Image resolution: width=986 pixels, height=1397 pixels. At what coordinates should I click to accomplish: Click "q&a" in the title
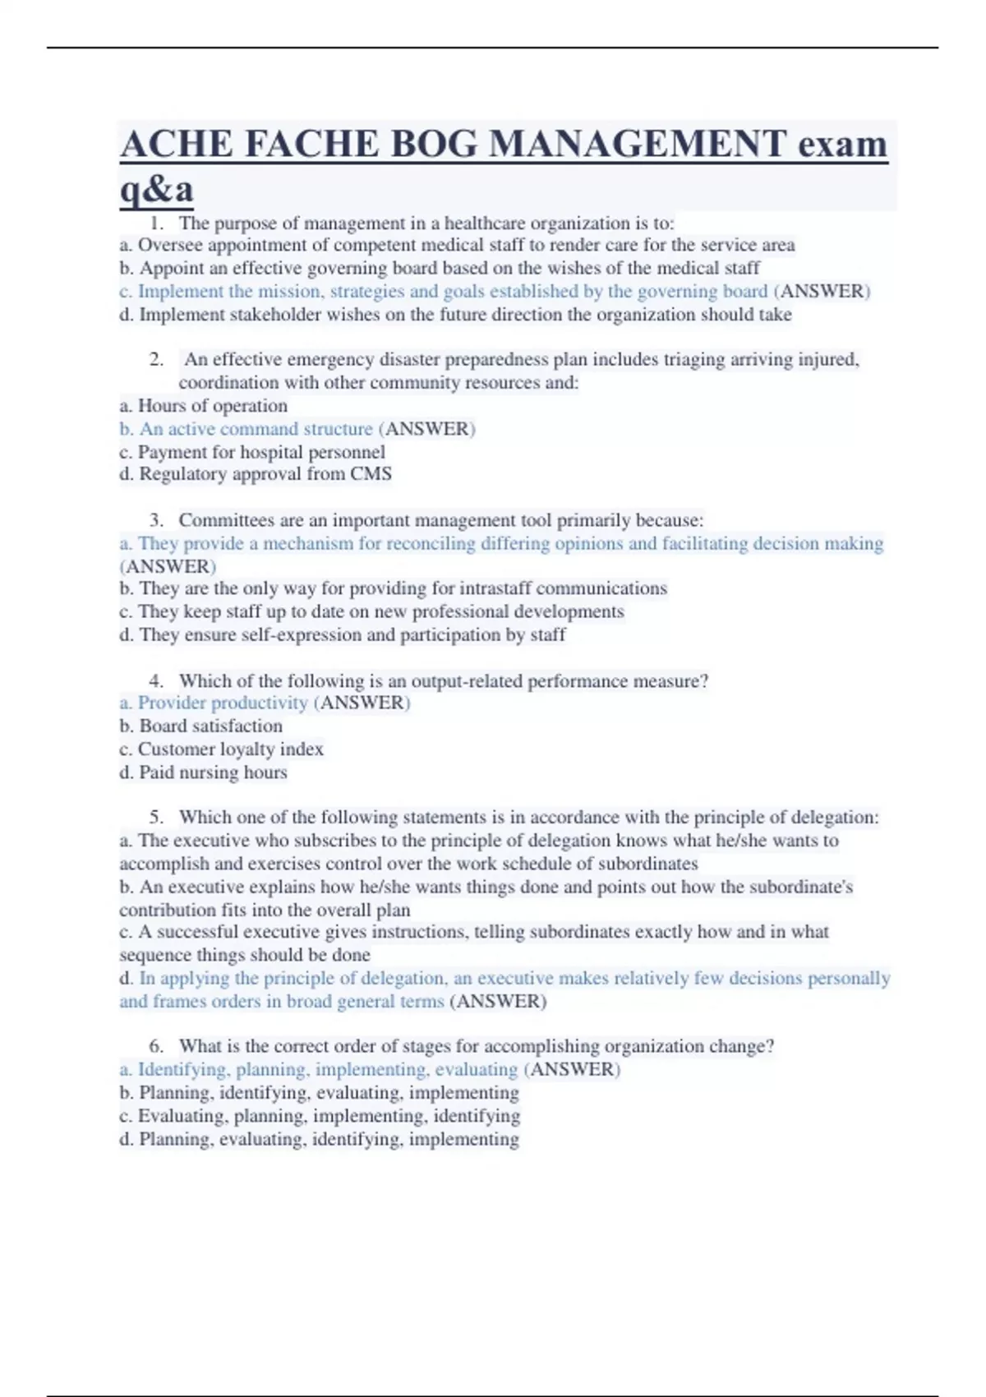(157, 189)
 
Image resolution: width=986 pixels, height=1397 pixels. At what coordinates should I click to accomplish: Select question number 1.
(157, 224)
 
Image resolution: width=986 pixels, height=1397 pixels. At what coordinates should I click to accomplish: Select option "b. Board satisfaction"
(201, 726)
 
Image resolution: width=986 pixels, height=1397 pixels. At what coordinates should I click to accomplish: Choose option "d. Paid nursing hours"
(204, 772)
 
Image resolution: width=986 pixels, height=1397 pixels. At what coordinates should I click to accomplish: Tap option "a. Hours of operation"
(204, 406)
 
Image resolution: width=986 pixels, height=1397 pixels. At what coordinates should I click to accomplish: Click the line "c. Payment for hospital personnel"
(252, 452)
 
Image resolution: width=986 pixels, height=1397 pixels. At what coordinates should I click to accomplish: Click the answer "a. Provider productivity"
(214, 703)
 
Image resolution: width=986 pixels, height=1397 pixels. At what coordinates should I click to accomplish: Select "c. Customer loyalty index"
(222, 749)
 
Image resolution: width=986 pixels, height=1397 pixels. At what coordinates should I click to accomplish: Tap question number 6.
(156, 1046)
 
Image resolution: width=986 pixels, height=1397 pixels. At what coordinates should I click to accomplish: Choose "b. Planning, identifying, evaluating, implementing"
(320, 1093)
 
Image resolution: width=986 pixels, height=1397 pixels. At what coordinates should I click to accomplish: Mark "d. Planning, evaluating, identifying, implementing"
(320, 1140)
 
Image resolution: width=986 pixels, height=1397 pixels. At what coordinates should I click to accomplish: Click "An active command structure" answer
(256, 429)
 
